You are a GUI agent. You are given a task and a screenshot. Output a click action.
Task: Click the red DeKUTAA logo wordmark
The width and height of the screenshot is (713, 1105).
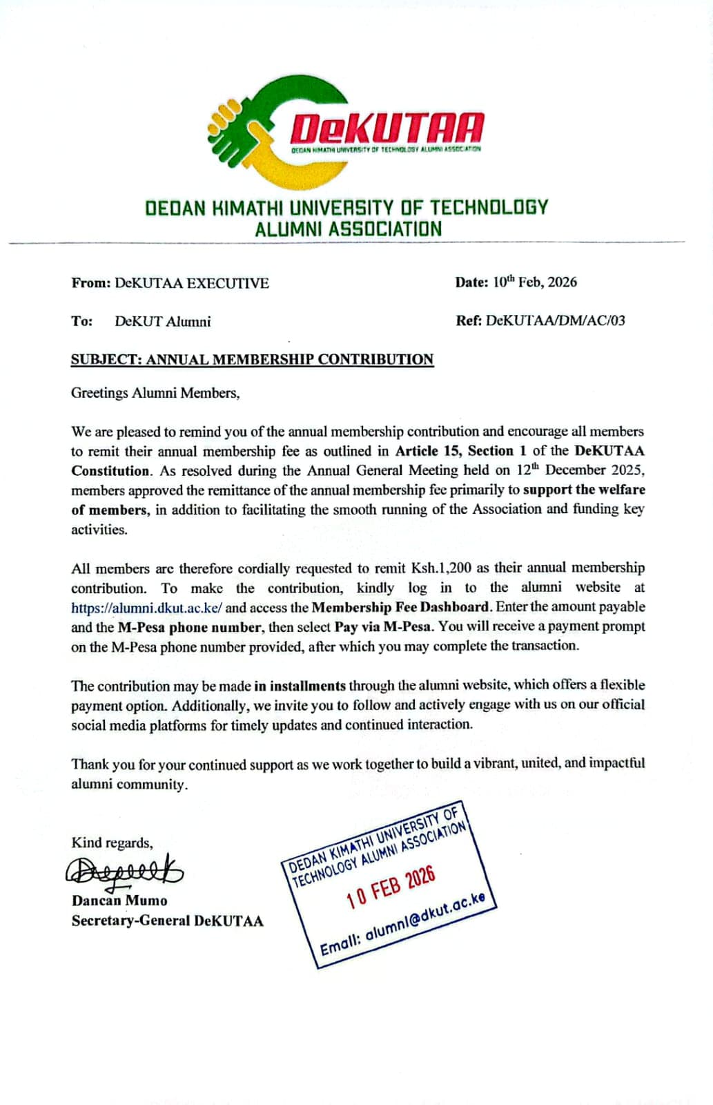pyautogui.click(x=386, y=129)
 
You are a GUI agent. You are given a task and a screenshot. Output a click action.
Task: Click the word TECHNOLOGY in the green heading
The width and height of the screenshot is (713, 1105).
pyautogui.click(x=489, y=207)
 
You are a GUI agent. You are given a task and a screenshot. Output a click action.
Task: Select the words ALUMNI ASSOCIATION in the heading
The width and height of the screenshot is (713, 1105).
pyautogui.click(x=348, y=229)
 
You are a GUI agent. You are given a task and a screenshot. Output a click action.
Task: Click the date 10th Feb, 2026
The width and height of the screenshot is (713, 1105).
pyautogui.click(x=534, y=282)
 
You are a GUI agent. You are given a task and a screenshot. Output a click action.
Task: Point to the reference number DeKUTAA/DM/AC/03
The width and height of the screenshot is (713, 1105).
pyautogui.click(x=555, y=320)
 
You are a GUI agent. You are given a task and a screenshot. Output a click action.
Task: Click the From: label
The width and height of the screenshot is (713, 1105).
pyautogui.click(x=90, y=283)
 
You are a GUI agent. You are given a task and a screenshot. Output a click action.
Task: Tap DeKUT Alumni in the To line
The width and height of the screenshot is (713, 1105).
pyautogui.click(x=162, y=322)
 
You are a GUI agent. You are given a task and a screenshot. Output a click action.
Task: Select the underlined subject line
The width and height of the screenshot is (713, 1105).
pyautogui.click(x=252, y=360)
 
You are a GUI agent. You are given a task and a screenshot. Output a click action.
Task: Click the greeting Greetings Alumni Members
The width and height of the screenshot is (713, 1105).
pyautogui.click(x=155, y=393)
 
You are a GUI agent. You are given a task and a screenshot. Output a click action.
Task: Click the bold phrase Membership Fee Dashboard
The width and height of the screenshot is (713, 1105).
pyautogui.click(x=400, y=608)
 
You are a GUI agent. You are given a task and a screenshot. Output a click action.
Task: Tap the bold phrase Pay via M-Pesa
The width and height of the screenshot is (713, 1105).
pyautogui.click(x=384, y=627)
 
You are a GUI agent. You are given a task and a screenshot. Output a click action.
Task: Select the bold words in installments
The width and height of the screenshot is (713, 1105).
pyautogui.click(x=300, y=686)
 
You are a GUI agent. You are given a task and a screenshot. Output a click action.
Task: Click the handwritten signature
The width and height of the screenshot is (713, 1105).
pyautogui.click(x=124, y=873)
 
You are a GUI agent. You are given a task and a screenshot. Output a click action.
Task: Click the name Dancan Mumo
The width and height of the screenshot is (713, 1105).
pyautogui.click(x=119, y=901)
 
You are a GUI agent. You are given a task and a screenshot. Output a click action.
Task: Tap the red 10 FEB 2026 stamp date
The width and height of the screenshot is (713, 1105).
pyautogui.click(x=391, y=887)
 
